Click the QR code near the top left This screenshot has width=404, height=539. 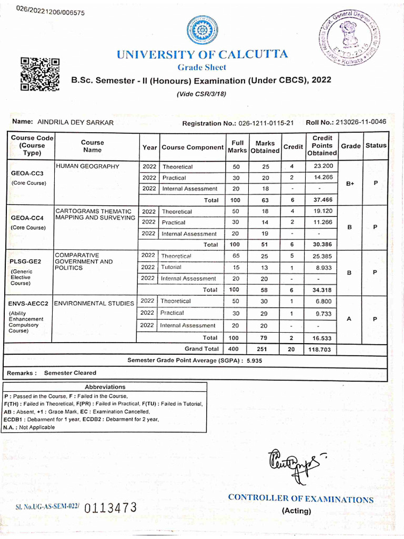coord(39,74)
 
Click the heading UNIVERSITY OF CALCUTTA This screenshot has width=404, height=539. coord(202,54)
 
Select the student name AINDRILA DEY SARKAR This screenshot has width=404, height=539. coord(75,122)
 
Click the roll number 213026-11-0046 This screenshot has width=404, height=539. coord(360,122)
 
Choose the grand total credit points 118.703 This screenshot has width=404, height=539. coord(321,349)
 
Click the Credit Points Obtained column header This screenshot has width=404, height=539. coord(322,145)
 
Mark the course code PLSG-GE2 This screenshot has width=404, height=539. coord(26,261)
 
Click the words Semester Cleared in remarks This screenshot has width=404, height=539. coord(70,373)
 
